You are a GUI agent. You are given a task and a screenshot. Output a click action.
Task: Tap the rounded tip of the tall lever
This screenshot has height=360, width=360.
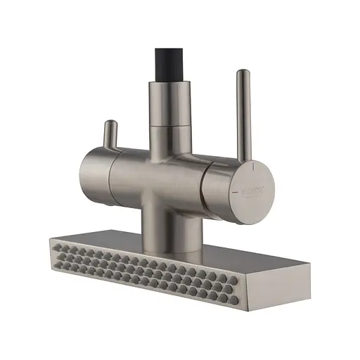[241, 73]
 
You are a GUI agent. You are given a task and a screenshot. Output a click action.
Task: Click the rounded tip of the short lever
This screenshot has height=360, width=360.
[110, 124]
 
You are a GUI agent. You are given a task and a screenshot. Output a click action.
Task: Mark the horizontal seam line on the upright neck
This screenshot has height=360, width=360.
[169, 124]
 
